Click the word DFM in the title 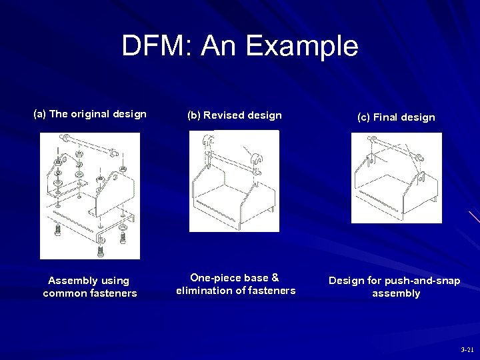click(154, 46)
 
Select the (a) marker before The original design click(40, 114)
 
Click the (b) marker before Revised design click(194, 115)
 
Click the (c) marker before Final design click(364, 117)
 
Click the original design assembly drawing click(89, 195)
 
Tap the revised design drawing click(233, 181)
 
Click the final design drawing click(396, 177)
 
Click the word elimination click(204, 290)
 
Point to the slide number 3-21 click(467, 349)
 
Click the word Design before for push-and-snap click(346, 281)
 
